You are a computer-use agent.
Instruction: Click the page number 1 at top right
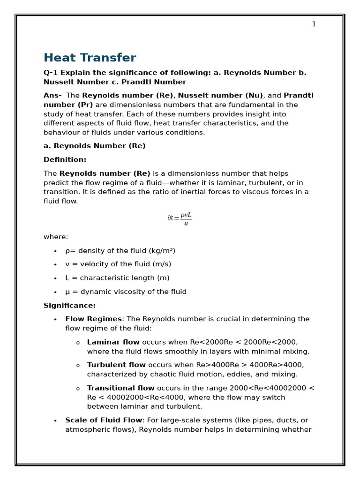coord(314,24)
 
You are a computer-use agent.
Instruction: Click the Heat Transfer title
coord(90,58)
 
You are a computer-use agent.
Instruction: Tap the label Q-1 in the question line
coord(51,73)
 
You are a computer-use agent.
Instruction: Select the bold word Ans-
coord(52,96)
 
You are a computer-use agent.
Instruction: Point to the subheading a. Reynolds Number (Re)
coord(94,146)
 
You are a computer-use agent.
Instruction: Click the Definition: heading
coord(65,160)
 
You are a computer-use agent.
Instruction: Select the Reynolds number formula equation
coord(180,218)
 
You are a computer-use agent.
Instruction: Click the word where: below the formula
coord(56,237)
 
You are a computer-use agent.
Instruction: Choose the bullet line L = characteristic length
coord(117,278)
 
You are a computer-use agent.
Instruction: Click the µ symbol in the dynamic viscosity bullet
coord(67,292)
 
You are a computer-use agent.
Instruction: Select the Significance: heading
coord(69,306)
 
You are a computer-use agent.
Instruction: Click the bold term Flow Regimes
coord(93,319)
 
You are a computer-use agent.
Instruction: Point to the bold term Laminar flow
coord(113,342)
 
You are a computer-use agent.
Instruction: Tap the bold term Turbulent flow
coord(116,365)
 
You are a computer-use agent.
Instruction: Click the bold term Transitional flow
coord(120,388)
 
